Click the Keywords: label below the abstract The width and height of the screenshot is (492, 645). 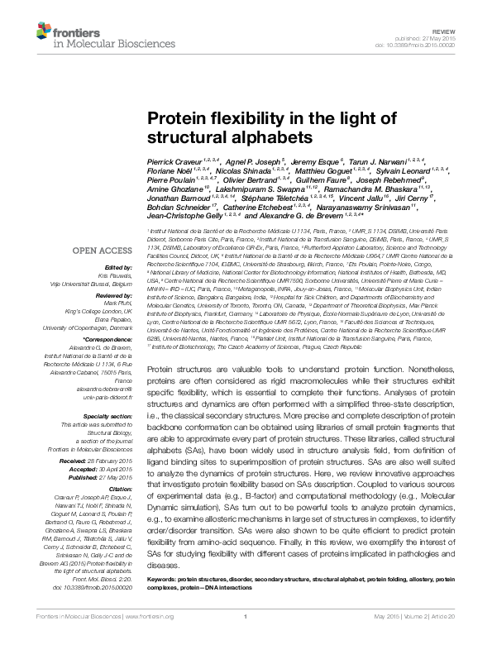(x=162, y=581)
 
